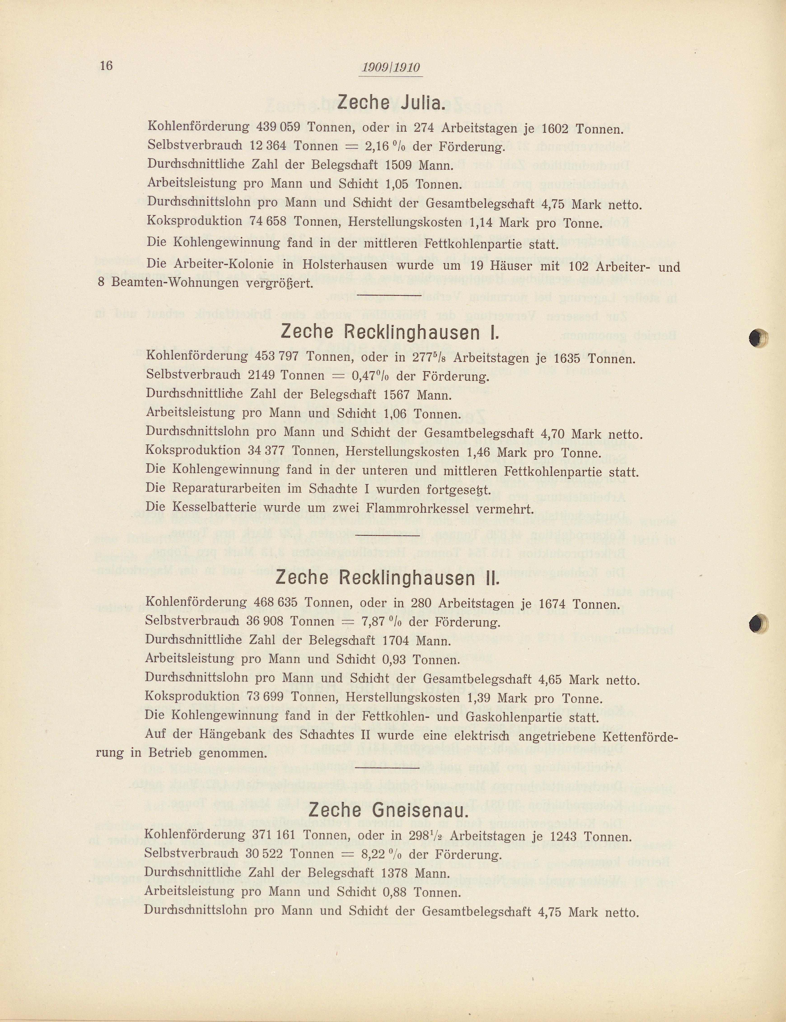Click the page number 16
(x=106, y=65)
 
